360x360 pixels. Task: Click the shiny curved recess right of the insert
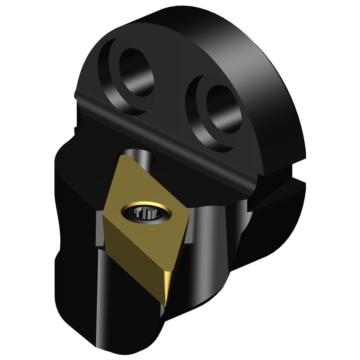219,228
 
